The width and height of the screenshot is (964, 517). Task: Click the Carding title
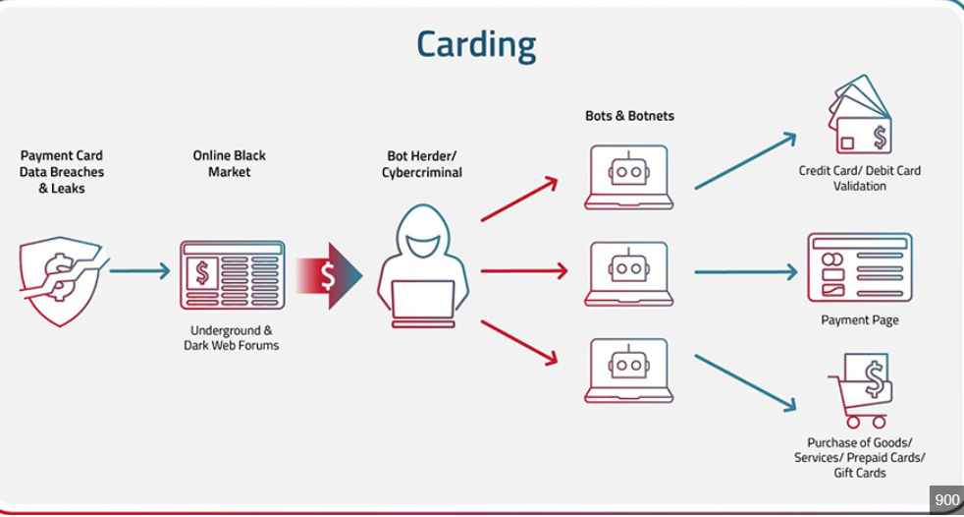tap(476, 44)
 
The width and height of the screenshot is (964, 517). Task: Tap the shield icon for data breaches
tap(59, 279)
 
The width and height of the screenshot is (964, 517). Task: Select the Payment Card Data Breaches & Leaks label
tap(62, 172)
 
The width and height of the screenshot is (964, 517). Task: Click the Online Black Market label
tap(229, 164)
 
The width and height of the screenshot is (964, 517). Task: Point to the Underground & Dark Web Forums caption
tap(232, 338)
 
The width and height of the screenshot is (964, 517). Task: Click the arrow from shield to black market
tap(139, 271)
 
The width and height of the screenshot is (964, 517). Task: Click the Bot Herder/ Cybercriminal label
tap(422, 165)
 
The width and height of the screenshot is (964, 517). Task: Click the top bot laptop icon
tap(628, 177)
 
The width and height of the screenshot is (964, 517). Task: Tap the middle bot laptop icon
tap(628, 272)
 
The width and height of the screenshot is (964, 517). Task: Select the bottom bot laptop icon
tap(628, 371)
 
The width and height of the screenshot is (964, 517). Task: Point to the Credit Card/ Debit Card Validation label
tap(860, 178)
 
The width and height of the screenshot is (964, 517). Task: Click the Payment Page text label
tap(860, 320)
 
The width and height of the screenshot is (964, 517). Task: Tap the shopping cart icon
tap(860, 390)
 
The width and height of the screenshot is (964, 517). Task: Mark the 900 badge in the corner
tap(946, 500)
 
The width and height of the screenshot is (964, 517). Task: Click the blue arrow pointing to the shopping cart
tap(746, 382)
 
